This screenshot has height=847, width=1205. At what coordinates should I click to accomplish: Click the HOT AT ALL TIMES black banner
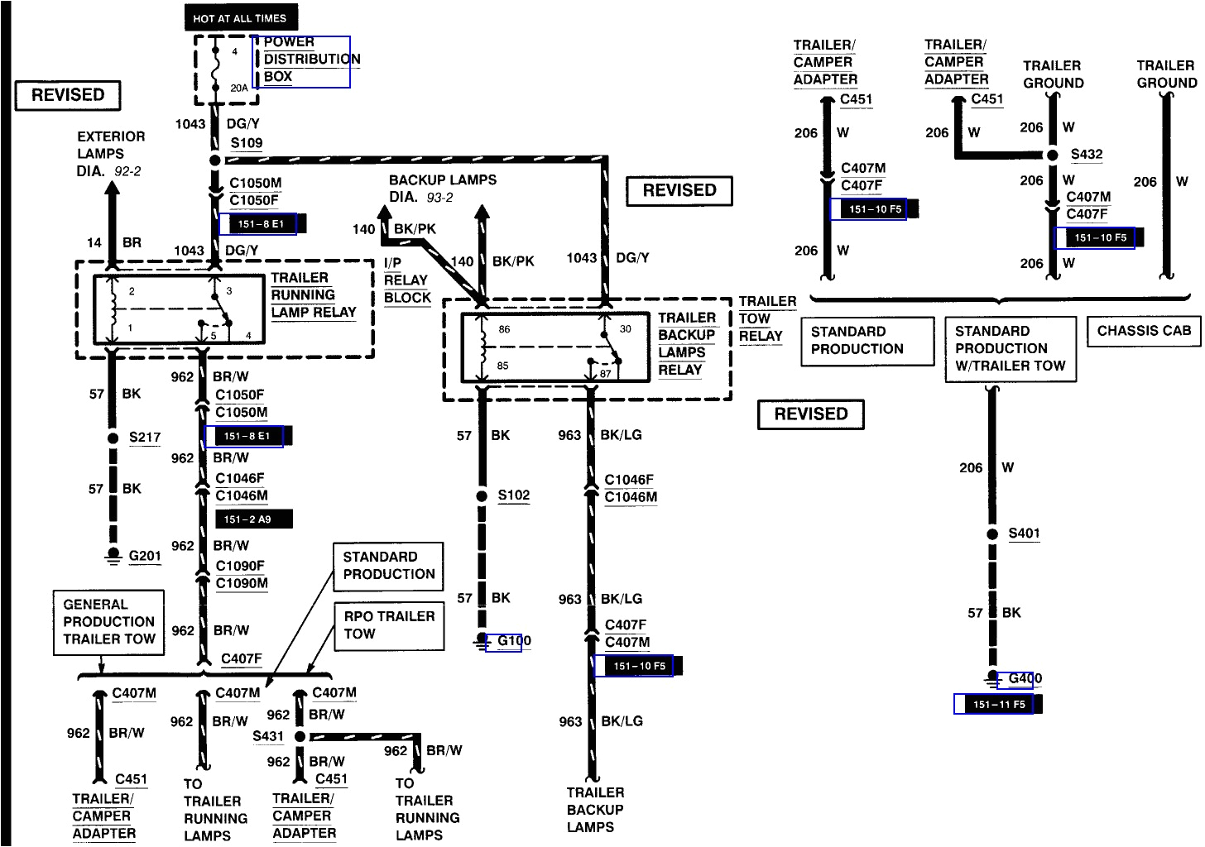[240, 17]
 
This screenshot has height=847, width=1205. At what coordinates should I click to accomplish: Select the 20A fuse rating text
[238, 88]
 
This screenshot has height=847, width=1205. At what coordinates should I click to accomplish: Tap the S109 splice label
[246, 143]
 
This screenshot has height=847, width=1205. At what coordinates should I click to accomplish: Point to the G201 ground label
[145, 556]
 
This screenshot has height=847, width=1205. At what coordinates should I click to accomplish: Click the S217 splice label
[145, 438]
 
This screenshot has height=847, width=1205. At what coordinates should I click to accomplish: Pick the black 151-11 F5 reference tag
[998, 704]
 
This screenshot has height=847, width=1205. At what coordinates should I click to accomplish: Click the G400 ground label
[1025, 679]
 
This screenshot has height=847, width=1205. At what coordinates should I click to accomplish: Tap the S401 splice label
[1024, 534]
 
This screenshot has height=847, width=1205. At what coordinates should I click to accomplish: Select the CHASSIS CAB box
[1143, 332]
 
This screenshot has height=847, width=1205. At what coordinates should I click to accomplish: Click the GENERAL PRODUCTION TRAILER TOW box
[108, 622]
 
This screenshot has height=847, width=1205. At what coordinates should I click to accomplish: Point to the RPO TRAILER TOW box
[389, 625]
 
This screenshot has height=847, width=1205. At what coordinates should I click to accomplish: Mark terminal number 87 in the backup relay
[606, 374]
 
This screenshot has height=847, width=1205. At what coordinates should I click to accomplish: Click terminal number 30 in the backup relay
[625, 329]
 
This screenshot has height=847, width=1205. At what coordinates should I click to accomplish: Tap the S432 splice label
[1086, 155]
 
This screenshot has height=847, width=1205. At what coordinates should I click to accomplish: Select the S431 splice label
[268, 736]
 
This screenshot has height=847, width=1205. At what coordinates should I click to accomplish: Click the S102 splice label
[513, 495]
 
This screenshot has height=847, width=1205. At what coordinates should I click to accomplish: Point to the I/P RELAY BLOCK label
[406, 280]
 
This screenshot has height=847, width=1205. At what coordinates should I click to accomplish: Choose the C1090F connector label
[240, 566]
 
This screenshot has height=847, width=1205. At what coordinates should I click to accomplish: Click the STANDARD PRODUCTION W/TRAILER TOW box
[1010, 349]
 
